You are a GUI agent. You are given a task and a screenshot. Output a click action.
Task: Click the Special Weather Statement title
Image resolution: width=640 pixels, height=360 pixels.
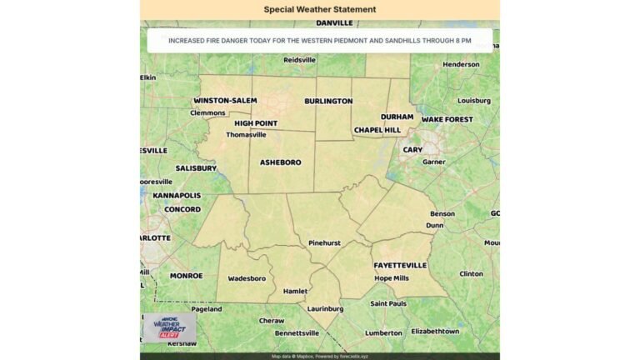click(320, 10)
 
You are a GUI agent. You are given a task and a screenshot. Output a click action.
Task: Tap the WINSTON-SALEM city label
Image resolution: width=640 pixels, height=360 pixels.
click(225, 100)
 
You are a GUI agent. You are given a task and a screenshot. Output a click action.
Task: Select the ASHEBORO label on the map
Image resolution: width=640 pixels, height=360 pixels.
click(281, 162)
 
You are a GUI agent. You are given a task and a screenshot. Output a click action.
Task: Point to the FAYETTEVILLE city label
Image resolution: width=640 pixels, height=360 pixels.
click(400, 265)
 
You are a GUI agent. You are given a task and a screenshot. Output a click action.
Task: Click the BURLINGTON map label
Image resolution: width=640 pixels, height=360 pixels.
click(328, 101)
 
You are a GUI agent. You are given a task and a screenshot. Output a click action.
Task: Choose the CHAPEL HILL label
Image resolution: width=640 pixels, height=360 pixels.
click(377, 130)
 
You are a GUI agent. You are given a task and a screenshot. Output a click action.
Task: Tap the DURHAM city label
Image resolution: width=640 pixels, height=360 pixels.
click(397, 117)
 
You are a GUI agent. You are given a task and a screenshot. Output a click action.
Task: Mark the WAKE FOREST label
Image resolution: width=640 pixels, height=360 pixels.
click(447, 119)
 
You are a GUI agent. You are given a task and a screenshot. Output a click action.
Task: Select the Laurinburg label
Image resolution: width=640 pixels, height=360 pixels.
click(326, 308)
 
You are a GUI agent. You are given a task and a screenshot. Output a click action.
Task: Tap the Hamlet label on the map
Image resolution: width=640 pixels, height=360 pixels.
click(296, 292)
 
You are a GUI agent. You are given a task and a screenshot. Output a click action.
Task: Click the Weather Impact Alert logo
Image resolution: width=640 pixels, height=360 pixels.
click(169, 327)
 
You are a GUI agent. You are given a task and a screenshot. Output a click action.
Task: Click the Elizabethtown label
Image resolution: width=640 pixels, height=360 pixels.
click(435, 331)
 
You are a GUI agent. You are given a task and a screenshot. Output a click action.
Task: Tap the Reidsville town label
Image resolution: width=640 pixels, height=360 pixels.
click(300, 60)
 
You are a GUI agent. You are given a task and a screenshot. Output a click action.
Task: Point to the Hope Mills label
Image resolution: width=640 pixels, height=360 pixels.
click(392, 278)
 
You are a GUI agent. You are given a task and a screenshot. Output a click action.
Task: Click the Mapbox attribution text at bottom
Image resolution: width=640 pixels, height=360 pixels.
click(320, 356)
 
